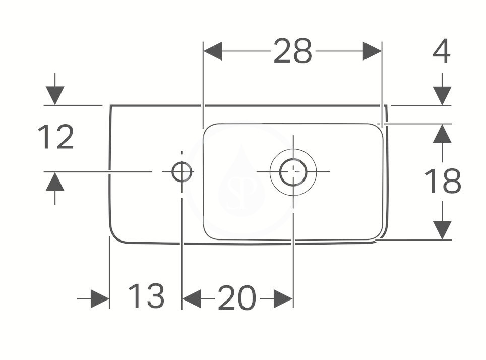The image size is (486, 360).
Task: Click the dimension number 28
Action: (x=292, y=51)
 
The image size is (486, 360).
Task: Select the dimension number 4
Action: (x=441, y=51)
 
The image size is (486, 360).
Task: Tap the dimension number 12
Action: (x=56, y=137)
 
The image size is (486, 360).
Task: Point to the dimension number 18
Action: (x=443, y=181)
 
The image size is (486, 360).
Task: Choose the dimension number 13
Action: (x=146, y=296)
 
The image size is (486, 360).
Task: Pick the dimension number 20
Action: (x=237, y=297)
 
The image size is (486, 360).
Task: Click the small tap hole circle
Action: (x=181, y=172)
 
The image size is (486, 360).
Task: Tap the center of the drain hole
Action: (x=293, y=172)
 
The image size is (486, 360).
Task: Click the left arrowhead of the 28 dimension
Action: (x=213, y=51)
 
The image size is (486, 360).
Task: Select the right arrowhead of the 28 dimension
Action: (x=372, y=51)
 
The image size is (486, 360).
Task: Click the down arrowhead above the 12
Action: (x=55, y=96)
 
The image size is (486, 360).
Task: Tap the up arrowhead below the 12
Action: (x=55, y=182)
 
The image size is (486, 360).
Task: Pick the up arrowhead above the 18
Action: (x=442, y=134)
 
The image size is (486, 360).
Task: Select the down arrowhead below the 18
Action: (x=442, y=230)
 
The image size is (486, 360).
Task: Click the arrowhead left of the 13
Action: (x=100, y=299)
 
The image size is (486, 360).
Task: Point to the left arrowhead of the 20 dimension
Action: (x=192, y=299)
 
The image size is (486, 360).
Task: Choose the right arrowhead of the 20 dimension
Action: (x=283, y=299)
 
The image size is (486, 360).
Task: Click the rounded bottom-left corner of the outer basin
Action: (x=115, y=237)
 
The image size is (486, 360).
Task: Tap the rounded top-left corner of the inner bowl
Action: (x=207, y=128)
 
